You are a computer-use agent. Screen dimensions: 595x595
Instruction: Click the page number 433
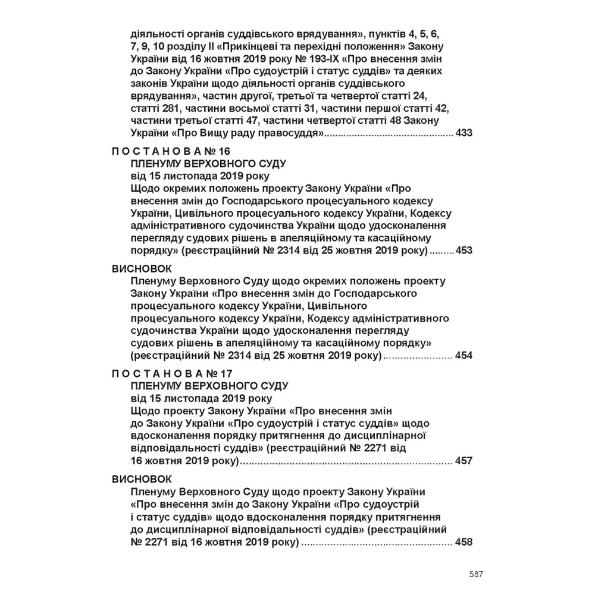[463, 133]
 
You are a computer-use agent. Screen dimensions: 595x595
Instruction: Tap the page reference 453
[463, 250]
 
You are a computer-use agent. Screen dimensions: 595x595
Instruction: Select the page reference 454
[463, 356]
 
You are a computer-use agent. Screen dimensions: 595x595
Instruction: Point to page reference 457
[463, 461]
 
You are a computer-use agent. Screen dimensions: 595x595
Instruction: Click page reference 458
[463, 542]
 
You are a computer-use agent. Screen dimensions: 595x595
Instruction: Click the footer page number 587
[475, 574]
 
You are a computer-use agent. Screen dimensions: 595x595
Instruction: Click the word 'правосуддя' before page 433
[293, 133]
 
